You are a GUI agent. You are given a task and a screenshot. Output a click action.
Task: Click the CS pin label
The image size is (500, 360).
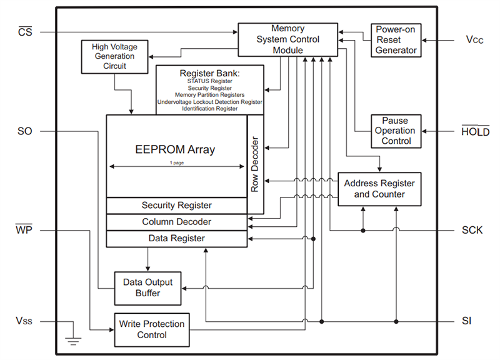tap(26, 32)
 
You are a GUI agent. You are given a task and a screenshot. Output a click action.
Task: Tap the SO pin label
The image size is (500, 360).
tap(26, 131)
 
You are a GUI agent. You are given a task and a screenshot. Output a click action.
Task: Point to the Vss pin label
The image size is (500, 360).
tap(25, 321)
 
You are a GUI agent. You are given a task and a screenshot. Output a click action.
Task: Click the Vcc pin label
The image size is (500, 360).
tap(474, 39)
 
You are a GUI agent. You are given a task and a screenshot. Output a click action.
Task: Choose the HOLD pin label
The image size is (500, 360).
tap(475, 131)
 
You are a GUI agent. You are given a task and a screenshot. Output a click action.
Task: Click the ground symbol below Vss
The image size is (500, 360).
tap(73, 341)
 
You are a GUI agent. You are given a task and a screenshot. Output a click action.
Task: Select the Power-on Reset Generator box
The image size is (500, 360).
tap(396, 39)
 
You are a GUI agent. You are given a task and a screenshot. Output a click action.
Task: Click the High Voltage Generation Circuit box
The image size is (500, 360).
tap(109, 56)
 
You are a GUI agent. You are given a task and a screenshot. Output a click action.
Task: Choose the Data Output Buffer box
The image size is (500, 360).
tap(147, 287)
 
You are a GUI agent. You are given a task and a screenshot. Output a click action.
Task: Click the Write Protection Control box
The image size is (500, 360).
tap(152, 329)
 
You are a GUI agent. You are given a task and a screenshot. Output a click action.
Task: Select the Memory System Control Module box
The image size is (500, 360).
tap(287, 39)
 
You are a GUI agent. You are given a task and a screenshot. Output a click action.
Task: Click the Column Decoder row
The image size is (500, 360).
tap(176, 222)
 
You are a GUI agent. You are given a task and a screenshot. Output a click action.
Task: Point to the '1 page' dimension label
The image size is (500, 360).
tap(176, 162)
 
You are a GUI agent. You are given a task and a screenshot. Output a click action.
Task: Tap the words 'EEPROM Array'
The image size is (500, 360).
tap(175, 149)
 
